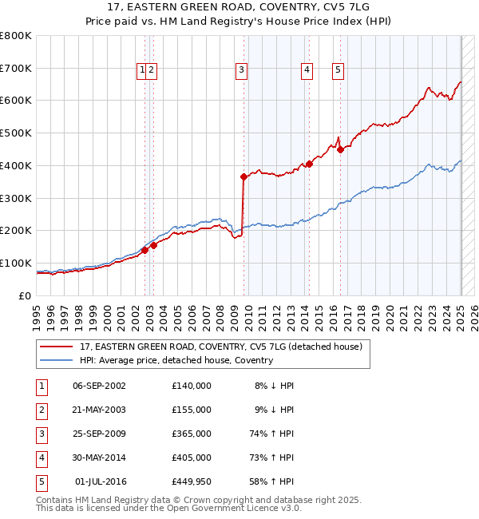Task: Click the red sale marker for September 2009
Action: tap(243, 177)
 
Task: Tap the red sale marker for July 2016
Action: tap(340, 149)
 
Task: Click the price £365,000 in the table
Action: tap(192, 434)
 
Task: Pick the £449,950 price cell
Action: tap(192, 482)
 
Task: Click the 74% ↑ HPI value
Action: tap(273, 434)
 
